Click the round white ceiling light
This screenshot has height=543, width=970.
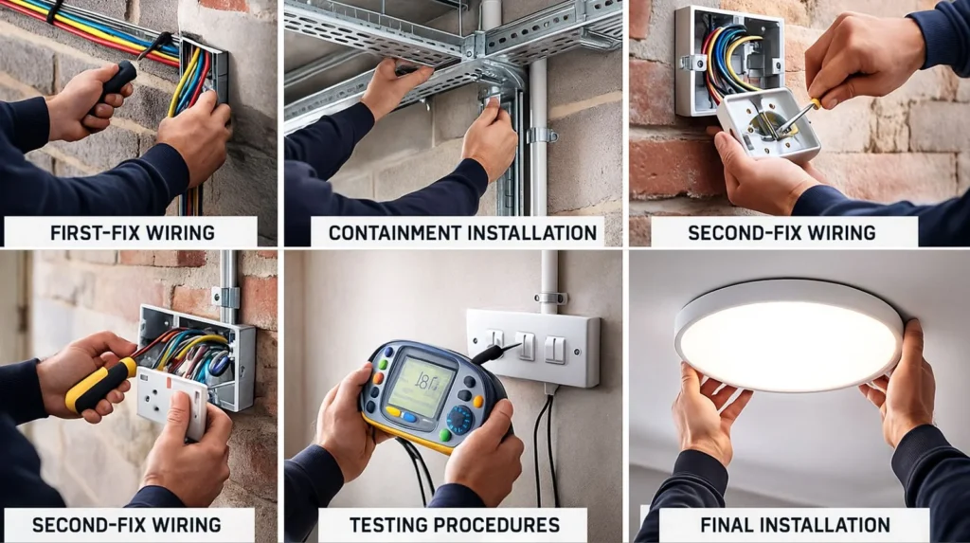click(788, 334)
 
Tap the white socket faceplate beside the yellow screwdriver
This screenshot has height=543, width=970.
click(171, 400)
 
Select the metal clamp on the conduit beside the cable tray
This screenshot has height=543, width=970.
click(541, 135)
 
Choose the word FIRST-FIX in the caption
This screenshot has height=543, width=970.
click(93, 231)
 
